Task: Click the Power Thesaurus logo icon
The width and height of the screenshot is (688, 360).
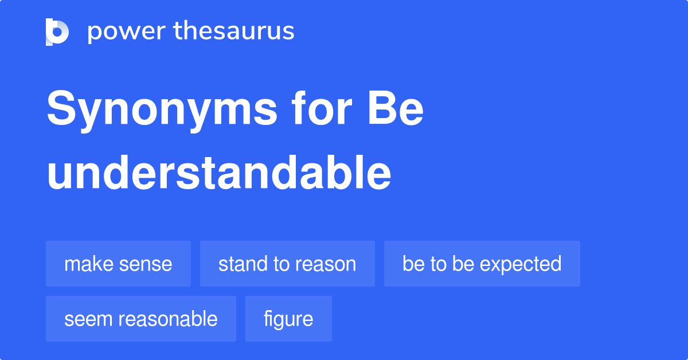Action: pyautogui.click(x=57, y=32)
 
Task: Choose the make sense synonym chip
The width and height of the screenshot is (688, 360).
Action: pyautogui.click(x=118, y=264)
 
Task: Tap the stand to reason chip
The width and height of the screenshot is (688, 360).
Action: pyautogui.click(x=287, y=264)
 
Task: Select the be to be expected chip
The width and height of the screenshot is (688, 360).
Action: pyautogui.click(x=482, y=264)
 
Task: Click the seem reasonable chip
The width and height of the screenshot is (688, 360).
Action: pyautogui.click(x=140, y=319)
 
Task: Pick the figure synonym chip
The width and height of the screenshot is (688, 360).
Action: pyautogui.click(x=288, y=319)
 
